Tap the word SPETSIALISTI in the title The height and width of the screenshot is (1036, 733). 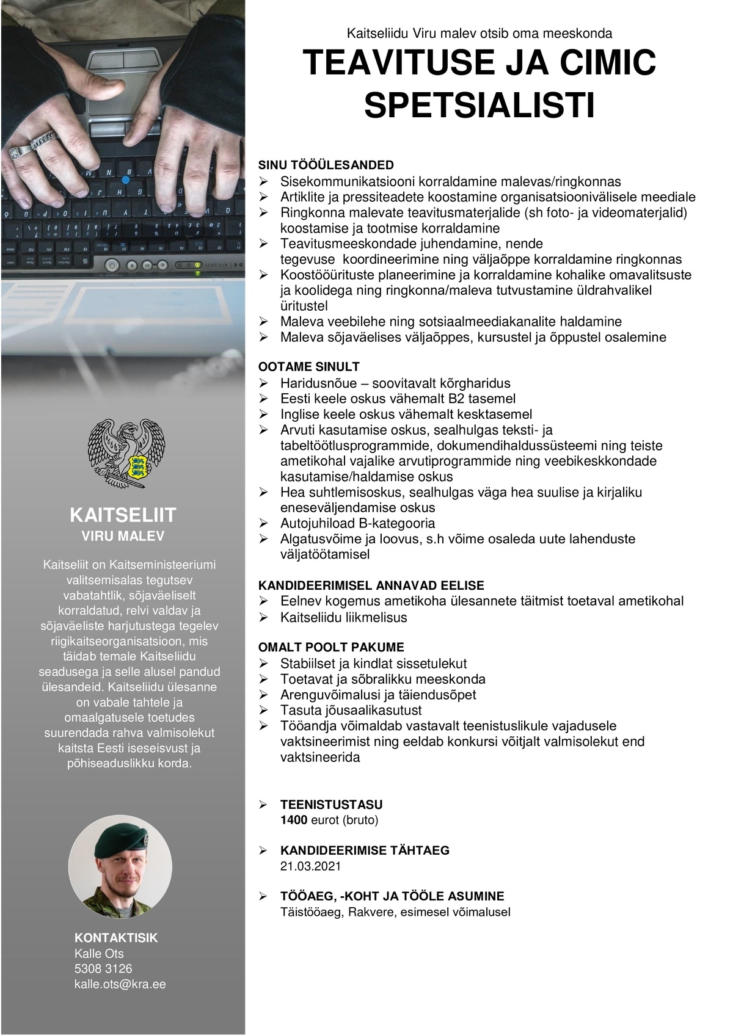click(x=480, y=105)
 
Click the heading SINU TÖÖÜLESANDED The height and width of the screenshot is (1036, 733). click(x=326, y=165)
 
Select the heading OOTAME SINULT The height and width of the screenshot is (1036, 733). click(x=309, y=367)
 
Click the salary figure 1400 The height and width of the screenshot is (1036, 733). click(x=294, y=820)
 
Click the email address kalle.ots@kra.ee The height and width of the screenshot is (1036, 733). click(x=120, y=984)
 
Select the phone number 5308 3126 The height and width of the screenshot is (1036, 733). click(x=103, y=969)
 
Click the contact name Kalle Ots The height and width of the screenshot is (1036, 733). click(x=99, y=954)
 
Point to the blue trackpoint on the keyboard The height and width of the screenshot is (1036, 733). click(x=125, y=180)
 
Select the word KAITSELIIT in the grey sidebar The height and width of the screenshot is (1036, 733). click(x=123, y=515)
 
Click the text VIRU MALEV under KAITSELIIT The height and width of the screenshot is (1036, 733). click(x=123, y=536)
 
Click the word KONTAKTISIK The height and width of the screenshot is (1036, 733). click(x=116, y=938)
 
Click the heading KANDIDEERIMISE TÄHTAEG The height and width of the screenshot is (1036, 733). click(x=365, y=850)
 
